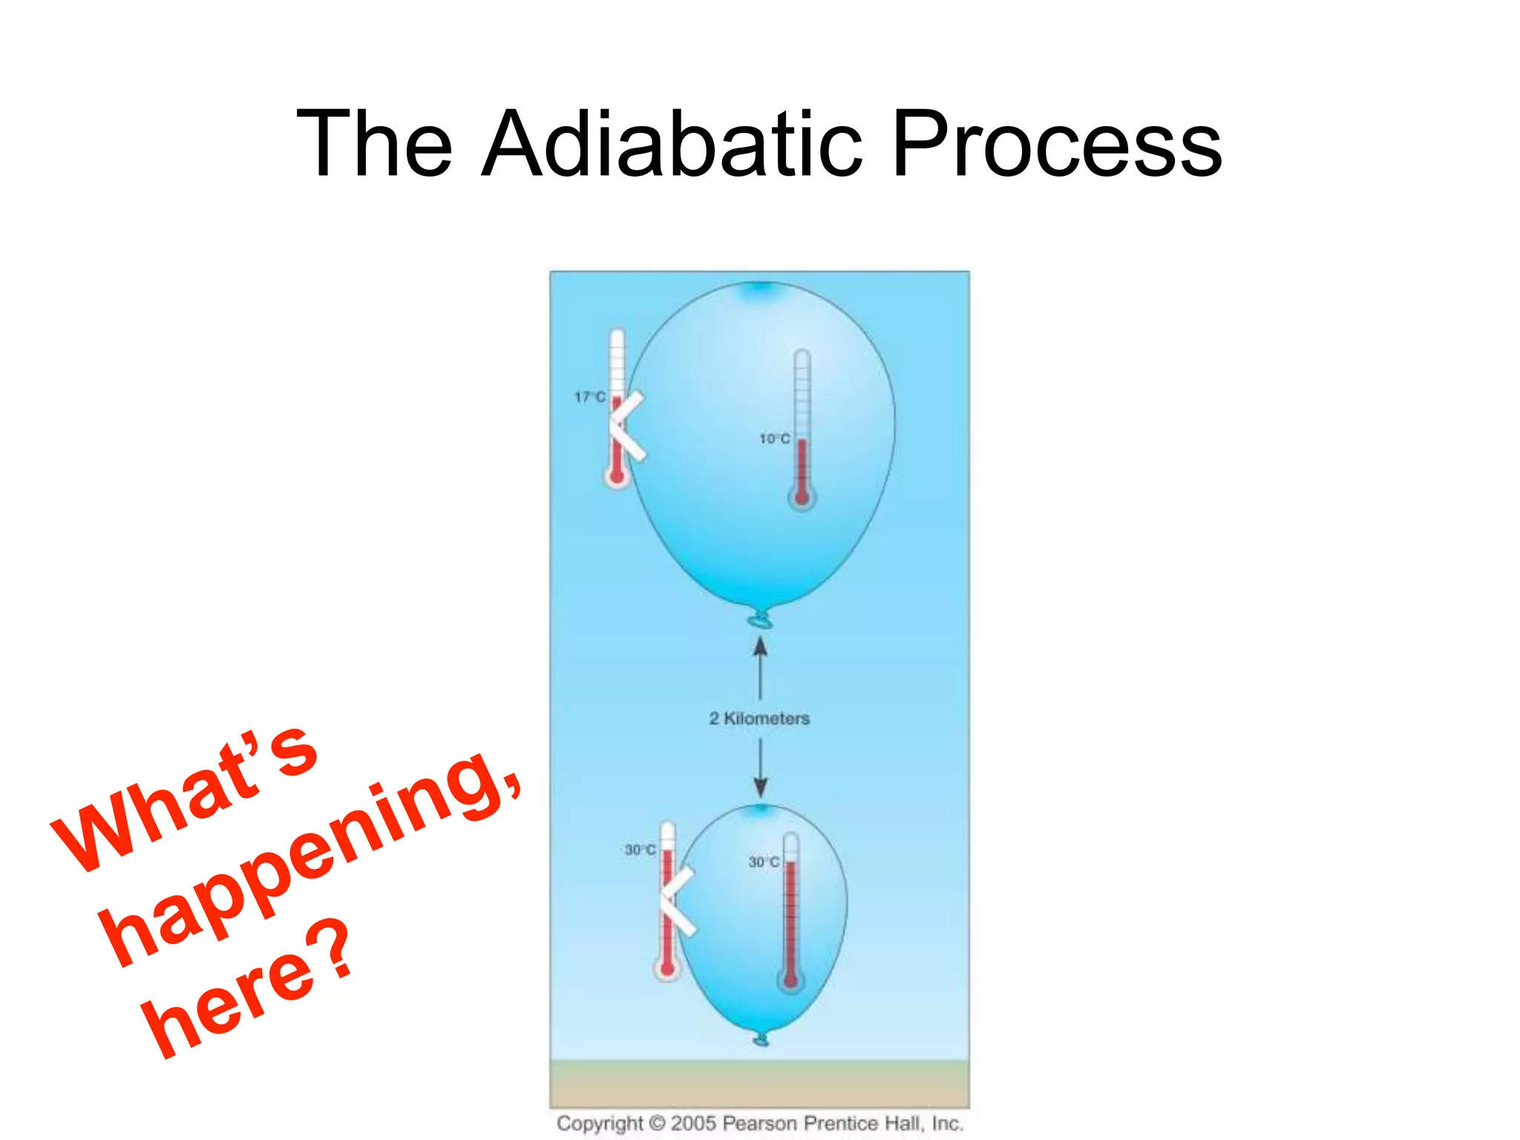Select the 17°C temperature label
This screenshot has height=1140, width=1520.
point(590,397)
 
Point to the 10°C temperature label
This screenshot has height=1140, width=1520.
point(774,439)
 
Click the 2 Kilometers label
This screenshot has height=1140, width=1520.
point(759,718)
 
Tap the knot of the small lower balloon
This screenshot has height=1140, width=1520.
point(761,1040)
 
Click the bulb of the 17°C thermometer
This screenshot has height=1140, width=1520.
point(617,476)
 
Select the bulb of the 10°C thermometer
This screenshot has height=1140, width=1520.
point(802,497)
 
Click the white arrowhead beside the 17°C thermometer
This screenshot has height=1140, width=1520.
point(627,427)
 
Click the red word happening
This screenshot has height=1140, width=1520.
point(312,861)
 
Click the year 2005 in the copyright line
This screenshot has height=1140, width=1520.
point(693,1123)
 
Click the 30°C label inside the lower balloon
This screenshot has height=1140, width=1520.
point(763,862)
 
